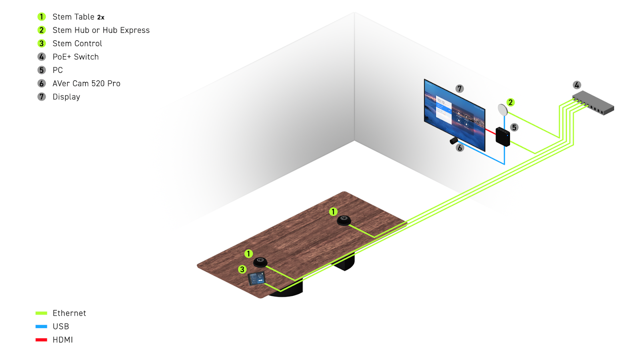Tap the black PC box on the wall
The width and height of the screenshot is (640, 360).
coord(502,136)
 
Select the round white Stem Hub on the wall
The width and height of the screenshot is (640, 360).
coord(502,109)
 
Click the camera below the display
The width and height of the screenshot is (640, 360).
coord(454,140)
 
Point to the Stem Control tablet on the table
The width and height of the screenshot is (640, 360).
coord(256,278)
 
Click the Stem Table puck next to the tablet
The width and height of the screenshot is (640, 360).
coord(260,262)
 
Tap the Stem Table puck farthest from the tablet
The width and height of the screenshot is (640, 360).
coord(344,220)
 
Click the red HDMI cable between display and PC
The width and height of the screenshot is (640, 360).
coord(490,131)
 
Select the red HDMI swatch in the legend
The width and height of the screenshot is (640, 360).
coord(41,340)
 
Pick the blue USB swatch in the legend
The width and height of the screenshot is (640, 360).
coord(41,326)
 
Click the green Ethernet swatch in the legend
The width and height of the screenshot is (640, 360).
coord(41,313)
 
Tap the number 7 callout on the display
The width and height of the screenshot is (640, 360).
coord(459,88)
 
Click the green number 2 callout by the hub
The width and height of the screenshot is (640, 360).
coord(510,102)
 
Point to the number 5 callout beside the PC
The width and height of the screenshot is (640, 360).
coord(514,128)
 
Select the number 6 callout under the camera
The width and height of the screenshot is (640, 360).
coord(460,148)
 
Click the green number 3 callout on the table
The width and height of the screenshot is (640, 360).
coord(242,269)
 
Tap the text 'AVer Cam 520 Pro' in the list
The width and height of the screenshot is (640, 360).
coord(86,84)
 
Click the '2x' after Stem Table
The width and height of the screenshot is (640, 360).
coord(101,18)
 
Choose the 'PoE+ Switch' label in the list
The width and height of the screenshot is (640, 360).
coord(76,57)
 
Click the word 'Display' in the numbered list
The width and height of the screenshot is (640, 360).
coord(66,97)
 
